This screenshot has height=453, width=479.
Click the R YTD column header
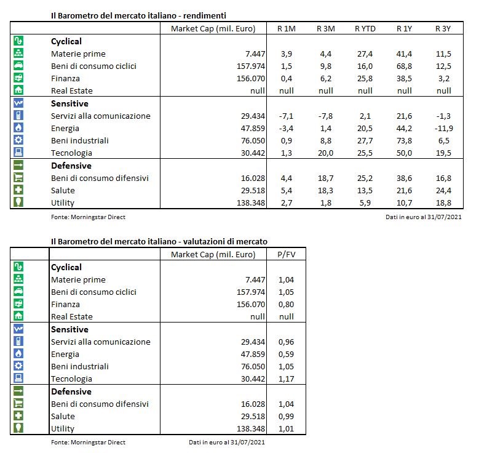(365, 28)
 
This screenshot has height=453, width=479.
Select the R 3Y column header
(443, 28)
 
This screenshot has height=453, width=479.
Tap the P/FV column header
(287, 254)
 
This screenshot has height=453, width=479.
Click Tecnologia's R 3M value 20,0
(326, 153)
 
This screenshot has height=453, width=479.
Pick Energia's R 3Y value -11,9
(443, 128)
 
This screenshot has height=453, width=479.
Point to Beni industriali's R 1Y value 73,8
(404, 140)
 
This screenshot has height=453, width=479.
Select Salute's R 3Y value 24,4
(443, 190)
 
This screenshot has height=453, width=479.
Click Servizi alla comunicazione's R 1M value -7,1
(287, 116)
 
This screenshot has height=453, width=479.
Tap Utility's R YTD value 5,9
(365, 202)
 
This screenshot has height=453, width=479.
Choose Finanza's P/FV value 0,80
(287, 304)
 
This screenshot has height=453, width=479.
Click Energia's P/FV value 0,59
(287, 354)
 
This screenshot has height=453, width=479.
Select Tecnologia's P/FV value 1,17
(287, 379)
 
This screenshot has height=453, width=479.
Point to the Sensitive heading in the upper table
(69, 103)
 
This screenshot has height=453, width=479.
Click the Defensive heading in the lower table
(71, 391)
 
